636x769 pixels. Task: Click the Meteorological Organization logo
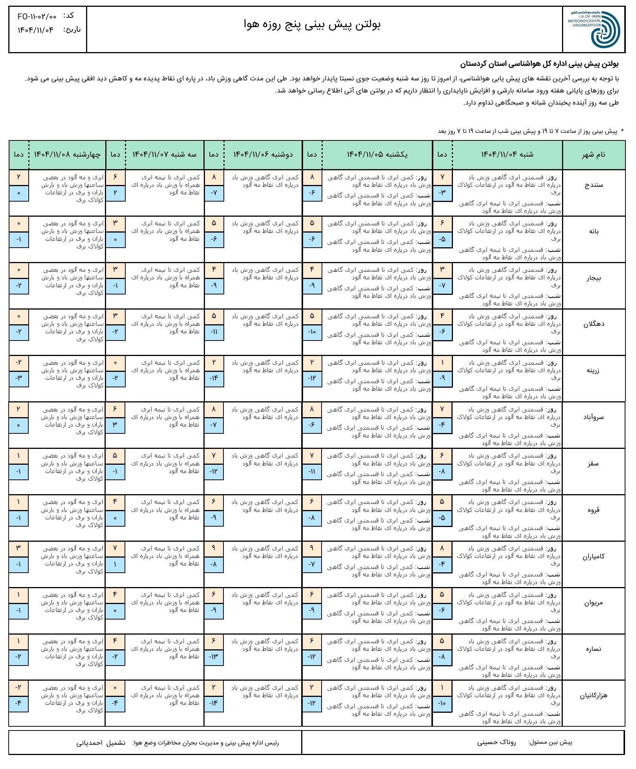[x=594, y=29]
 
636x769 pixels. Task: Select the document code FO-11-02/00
[x=37, y=17]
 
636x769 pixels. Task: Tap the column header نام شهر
[x=593, y=154]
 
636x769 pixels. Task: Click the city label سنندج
[x=593, y=185]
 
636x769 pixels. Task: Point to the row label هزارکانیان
[x=593, y=695]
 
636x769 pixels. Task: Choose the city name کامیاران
[x=593, y=556]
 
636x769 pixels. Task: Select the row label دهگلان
[x=593, y=324]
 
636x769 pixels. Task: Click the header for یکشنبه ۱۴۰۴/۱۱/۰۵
[x=377, y=154]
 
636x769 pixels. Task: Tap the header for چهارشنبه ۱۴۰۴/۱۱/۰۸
[x=67, y=154]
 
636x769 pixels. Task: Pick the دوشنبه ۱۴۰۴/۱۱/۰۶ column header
[x=263, y=154]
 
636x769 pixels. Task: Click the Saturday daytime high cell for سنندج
[x=442, y=177]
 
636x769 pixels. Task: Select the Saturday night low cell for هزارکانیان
[x=442, y=703]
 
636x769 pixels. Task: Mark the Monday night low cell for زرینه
[x=214, y=378]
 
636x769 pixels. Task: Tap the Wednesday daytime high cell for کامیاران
[x=18, y=549]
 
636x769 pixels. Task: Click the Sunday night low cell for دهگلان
[x=312, y=332]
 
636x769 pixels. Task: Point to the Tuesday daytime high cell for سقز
[x=115, y=456]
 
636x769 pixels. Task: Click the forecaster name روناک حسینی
[x=496, y=742]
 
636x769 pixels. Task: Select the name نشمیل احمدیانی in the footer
[x=101, y=743]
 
